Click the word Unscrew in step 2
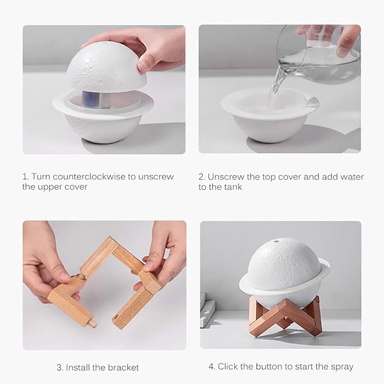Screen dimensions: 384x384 (x=225, y=176)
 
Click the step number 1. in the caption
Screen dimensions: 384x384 (x=26, y=176)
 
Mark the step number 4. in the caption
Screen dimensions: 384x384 (x=212, y=366)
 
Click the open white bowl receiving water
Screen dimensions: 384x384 (x=269, y=116)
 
